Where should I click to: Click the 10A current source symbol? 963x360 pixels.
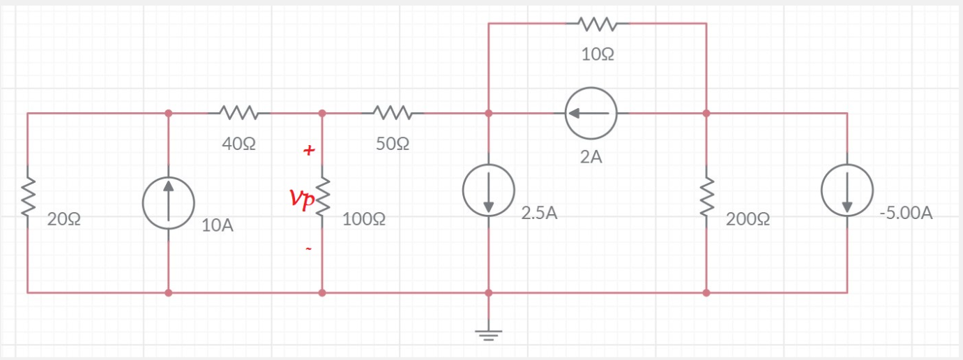(168, 203)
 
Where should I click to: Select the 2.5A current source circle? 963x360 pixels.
(489, 190)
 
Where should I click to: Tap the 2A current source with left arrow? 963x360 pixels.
(591, 113)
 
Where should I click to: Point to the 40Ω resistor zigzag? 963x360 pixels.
(239, 112)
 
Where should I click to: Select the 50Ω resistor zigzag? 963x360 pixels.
(394, 112)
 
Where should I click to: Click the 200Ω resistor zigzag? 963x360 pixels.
(706, 196)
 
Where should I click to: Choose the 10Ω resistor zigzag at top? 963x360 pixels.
(597, 24)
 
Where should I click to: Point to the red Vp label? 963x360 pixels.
(303, 200)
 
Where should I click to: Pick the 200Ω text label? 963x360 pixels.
(748, 219)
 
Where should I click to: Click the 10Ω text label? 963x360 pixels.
(598, 55)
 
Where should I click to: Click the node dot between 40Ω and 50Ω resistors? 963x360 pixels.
(322, 113)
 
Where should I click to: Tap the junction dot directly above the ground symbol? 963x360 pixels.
(489, 292)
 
